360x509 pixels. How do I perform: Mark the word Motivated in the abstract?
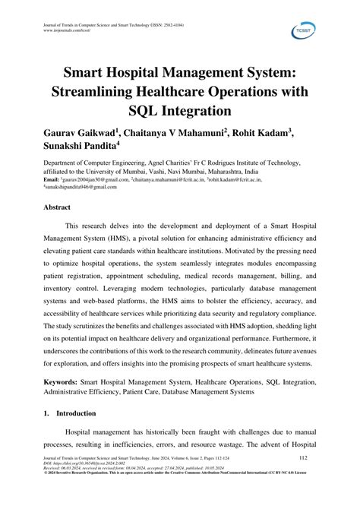point(223,253)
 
